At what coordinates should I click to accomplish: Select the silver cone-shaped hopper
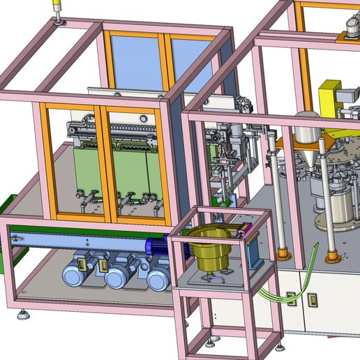coord(306,157)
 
